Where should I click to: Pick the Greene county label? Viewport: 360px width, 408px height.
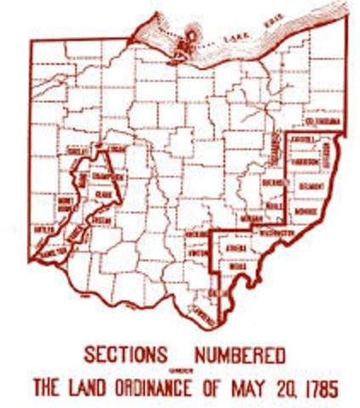(100, 219)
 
